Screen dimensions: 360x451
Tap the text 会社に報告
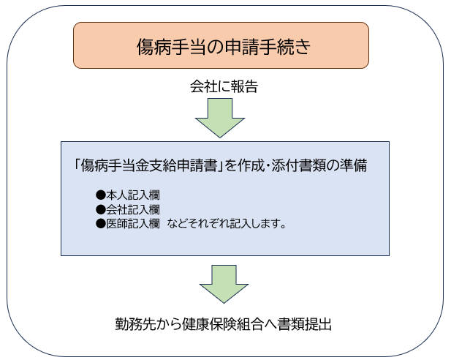[x=224, y=88]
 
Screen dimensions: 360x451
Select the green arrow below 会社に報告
[x=220, y=118]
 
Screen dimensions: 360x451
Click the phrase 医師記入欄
[x=134, y=223]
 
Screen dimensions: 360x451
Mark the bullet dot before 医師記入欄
[x=102, y=223]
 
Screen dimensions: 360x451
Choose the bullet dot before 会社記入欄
[x=102, y=209]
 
